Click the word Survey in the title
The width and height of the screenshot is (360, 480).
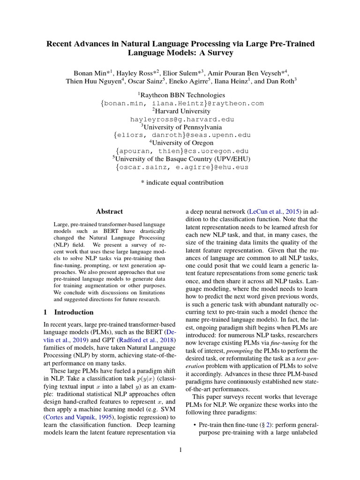point(218,53)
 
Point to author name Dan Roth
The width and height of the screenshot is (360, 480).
point(280,81)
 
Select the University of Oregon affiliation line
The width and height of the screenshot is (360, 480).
point(181,143)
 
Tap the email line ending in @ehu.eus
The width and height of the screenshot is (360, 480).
point(181,167)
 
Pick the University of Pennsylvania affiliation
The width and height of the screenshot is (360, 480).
point(181,127)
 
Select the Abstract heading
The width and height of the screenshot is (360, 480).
point(109,211)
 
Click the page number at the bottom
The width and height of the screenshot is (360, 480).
point(180,451)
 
